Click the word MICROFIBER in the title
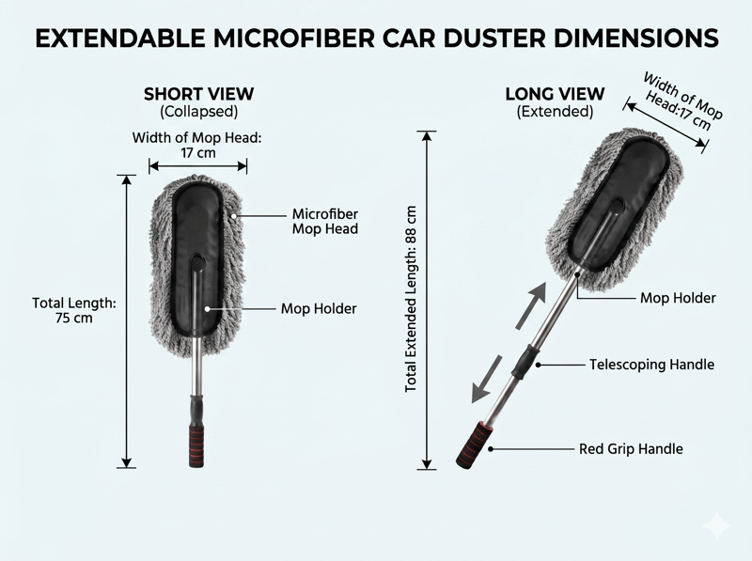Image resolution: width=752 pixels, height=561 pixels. [294, 39]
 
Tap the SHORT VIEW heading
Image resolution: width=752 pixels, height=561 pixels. [198, 94]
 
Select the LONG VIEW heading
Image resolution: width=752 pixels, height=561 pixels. [555, 94]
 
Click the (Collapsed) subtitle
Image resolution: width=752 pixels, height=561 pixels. [198, 112]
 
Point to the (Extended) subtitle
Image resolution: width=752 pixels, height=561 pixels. [555, 112]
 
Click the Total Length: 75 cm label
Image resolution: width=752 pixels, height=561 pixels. [74, 310]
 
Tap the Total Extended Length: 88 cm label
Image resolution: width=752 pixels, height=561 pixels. [411, 299]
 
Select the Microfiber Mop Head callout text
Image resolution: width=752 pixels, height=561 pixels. [325, 221]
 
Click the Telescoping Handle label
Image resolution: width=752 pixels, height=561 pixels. [651, 365]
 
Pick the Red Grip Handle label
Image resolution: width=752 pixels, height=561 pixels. [631, 449]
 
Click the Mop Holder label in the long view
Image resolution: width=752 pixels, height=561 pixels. [678, 298]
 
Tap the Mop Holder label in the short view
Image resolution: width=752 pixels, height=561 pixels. [319, 308]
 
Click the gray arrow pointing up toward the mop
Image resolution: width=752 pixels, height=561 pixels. [531, 305]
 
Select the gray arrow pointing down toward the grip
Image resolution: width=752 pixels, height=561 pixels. [486, 380]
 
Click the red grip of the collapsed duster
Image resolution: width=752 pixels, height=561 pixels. [196, 446]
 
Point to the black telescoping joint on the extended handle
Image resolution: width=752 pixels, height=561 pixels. [525, 362]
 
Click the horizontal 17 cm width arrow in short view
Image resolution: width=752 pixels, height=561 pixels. [197, 166]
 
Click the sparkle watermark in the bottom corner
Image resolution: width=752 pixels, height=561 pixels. [717, 526]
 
